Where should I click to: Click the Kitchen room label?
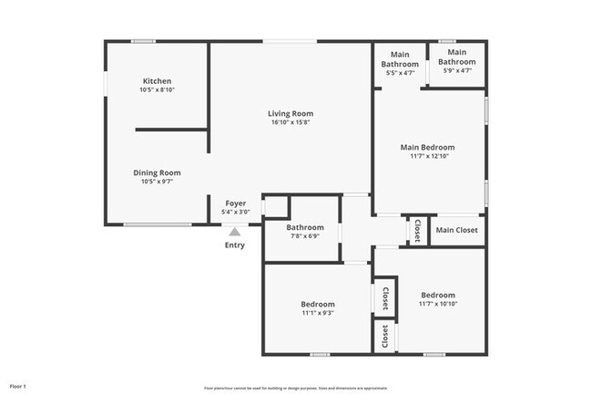point(157,81)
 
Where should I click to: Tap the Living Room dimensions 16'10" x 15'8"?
point(291,123)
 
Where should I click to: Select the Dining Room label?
point(157,172)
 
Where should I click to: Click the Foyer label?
point(235,203)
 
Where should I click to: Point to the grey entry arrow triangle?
point(235,233)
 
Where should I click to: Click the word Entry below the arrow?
point(235,245)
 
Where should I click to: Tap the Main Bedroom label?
point(427,147)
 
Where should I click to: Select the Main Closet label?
point(456,230)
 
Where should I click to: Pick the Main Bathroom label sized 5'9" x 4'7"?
point(457,57)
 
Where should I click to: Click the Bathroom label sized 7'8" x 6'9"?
point(304,227)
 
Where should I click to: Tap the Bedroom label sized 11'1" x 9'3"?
point(318,304)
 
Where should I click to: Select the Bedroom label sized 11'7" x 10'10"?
point(438,295)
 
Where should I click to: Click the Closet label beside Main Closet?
point(417,230)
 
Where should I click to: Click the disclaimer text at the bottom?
point(295,387)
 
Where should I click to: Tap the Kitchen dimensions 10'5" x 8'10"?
point(157,90)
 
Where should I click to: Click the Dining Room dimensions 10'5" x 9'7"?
point(157,182)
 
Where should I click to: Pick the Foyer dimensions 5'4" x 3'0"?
point(235,212)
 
